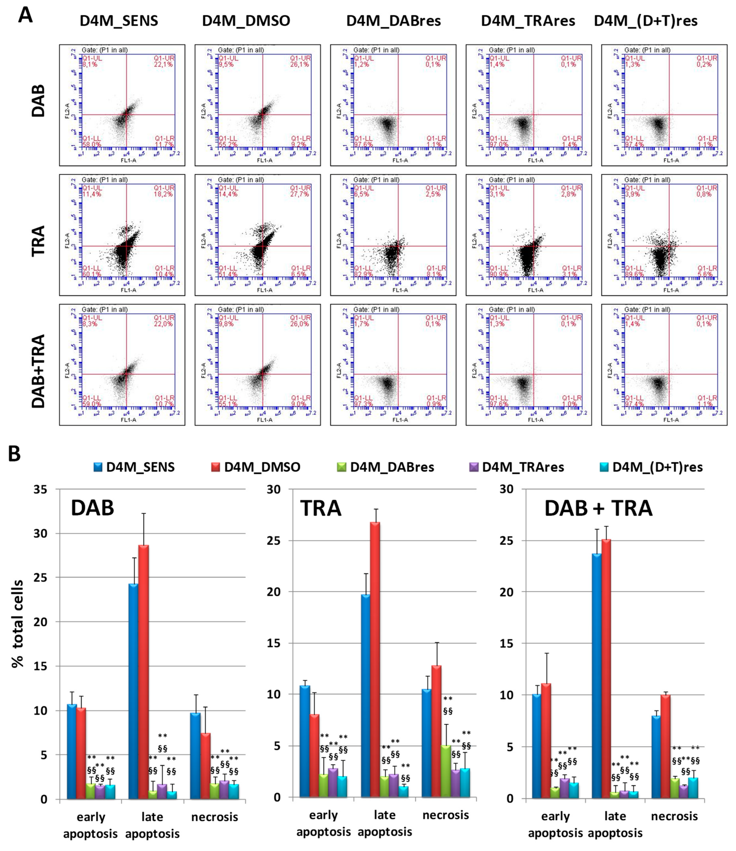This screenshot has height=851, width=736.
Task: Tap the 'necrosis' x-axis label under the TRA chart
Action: pyautogui.click(x=446, y=815)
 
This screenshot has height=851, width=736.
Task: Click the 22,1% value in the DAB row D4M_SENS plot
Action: pyautogui.click(x=163, y=65)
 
